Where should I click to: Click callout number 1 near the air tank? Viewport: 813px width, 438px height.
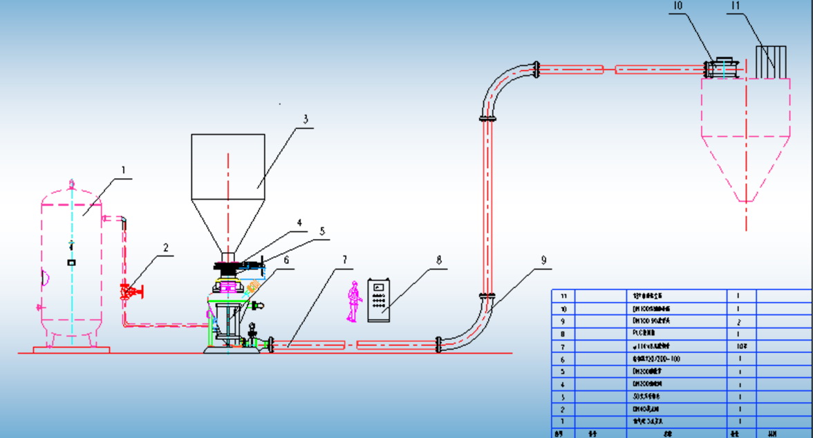123,170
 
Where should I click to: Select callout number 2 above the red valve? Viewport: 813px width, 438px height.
166,247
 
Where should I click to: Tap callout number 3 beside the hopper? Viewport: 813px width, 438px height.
305,118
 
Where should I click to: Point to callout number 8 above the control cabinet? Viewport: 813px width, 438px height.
438,260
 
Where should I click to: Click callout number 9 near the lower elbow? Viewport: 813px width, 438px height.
543,260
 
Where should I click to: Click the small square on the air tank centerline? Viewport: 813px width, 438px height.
71,263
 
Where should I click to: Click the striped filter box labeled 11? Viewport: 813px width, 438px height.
771,62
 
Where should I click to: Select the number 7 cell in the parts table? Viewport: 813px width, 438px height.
563,346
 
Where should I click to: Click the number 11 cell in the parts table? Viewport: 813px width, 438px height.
563,296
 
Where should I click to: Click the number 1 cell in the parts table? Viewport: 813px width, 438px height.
563,421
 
